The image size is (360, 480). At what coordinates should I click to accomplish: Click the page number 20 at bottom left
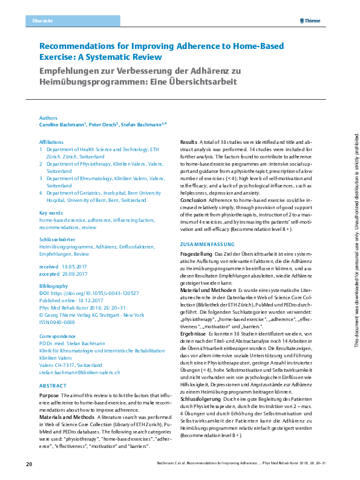click(x=28, y=464)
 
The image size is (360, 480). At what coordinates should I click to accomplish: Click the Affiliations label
click(x=51, y=141)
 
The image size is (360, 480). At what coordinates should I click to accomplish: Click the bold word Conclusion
click(x=194, y=199)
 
